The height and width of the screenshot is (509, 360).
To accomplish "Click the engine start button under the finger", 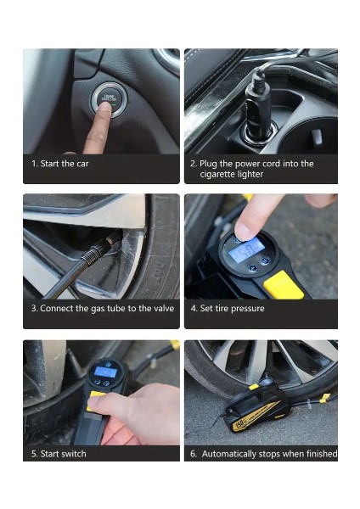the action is point(109,99).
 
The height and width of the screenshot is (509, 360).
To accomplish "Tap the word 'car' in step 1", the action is point(82,164).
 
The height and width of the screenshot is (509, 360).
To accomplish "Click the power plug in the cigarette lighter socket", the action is point(258,107).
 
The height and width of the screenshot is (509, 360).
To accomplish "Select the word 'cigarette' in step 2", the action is point(217,174).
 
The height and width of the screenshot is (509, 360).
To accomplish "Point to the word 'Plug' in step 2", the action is point(208,164).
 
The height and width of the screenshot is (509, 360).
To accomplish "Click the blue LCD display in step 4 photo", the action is point(246,249).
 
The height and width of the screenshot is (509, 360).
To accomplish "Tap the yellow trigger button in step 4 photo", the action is point(284,286).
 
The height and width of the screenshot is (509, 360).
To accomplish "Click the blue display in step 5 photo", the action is point(105,372).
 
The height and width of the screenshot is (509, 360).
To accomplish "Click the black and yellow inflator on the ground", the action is point(256,406).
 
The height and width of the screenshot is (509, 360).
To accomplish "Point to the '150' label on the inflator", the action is point(239,424).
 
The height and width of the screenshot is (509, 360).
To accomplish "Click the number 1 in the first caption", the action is point(33,164).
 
